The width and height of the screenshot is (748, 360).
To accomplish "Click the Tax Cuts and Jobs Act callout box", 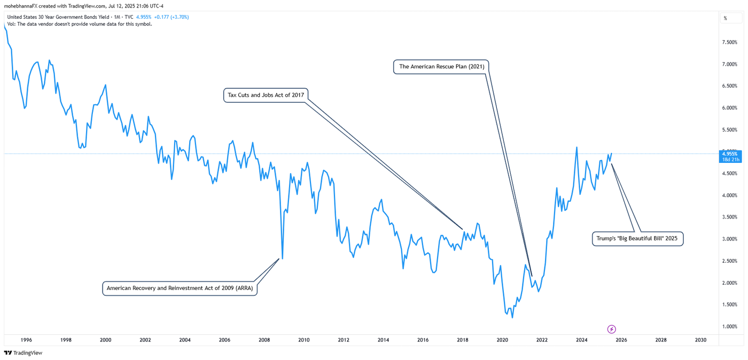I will tap(266, 95).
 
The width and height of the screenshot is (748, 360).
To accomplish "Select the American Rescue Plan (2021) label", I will tap(441, 67).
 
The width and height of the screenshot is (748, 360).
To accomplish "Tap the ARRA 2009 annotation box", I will tap(180, 288).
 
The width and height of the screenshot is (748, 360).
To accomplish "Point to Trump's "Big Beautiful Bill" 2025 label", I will tap(637, 239).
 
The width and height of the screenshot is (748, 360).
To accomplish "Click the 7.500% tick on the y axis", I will tap(730, 42).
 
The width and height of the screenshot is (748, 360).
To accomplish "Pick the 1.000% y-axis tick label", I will tap(730, 326).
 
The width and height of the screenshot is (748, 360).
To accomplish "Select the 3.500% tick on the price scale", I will tap(730, 217).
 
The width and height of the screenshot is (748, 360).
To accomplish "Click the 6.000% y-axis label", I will tap(730, 108).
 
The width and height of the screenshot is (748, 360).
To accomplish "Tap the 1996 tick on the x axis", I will tap(26, 340).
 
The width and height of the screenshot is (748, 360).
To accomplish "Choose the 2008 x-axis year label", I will tap(264, 340).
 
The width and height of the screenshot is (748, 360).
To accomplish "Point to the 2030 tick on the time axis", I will tap(700, 340).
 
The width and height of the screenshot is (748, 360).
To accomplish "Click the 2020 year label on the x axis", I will tap(502, 340).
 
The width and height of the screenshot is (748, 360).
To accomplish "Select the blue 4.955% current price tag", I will tap(730, 156).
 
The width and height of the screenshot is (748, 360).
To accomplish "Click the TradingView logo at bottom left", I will tap(24, 353).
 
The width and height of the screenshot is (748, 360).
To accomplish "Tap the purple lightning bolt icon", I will tap(612, 329).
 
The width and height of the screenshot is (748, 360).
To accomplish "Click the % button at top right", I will tap(725, 18).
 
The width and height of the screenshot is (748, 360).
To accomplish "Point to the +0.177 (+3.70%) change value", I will tap(171, 17).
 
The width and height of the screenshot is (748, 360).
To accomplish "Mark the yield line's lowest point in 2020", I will tap(512, 317).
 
